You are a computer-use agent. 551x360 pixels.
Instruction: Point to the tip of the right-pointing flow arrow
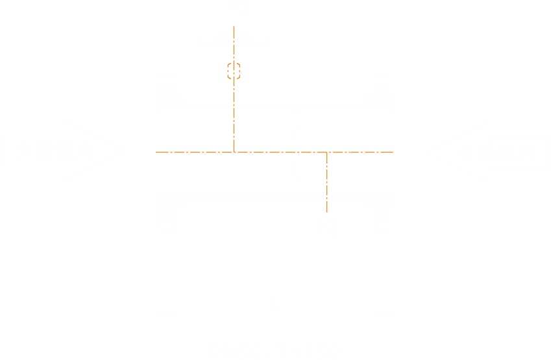click(123, 152)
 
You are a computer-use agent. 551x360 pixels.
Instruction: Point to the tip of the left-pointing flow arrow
click(426, 152)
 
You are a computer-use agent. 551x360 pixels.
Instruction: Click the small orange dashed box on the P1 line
click(234, 70)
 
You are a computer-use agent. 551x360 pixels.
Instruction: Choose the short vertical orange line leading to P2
click(327, 185)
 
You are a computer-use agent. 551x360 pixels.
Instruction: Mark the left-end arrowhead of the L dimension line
click(162, 316)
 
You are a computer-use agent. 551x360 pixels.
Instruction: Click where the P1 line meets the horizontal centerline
click(234, 152)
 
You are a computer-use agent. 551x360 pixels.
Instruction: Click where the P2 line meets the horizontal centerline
click(327, 152)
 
